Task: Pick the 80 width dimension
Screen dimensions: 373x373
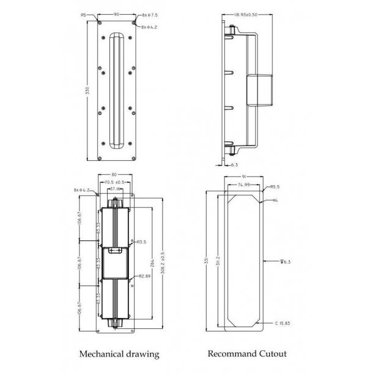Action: pyautogui.click(x=114, y=174)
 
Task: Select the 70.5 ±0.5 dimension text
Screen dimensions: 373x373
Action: pyautogui.click(x=116, y=182)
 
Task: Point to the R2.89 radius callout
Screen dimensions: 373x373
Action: pyautogui.click(x=144, y=276)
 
